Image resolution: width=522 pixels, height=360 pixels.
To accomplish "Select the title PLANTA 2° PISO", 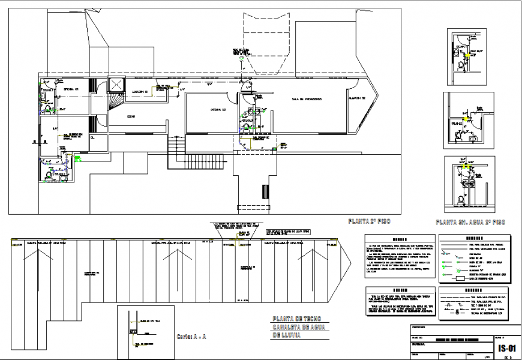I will (x=368, y=221).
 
